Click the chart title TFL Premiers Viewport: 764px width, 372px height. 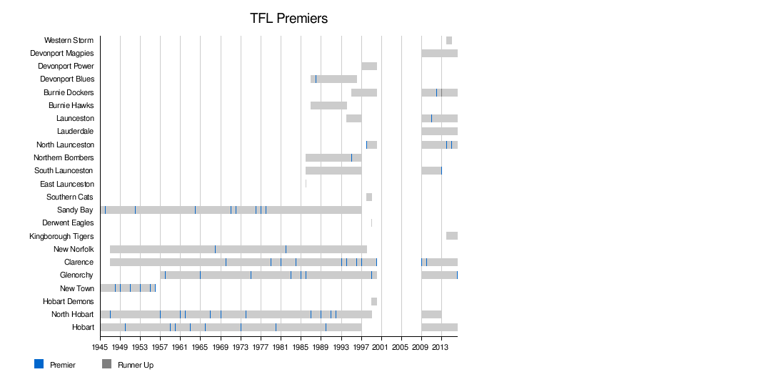pos(288,19)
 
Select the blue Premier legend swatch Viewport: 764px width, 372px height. pos(39,364)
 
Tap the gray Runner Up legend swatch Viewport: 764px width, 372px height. pos(107,364)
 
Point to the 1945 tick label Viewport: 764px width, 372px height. pos(100,348)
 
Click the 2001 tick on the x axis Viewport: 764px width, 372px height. pos(381,348)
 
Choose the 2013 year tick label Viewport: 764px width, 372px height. pos(441,348)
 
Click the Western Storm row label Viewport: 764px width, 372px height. pos(69,40)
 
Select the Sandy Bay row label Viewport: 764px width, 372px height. pos(75,210)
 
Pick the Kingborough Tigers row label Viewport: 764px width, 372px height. pos(61,236)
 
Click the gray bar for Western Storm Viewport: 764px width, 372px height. pos(449,40)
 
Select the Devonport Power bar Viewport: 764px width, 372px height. pos(369,66)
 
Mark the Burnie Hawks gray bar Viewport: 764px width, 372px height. pos(328,105)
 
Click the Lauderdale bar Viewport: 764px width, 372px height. pos(439,131)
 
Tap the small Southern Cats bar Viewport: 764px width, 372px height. pos(369,197)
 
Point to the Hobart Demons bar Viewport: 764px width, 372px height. pos(374,301)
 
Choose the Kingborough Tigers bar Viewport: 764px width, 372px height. pos(452,236)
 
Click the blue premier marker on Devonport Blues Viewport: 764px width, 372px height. pos(316,79)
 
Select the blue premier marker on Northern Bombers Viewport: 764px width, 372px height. pos(351,157)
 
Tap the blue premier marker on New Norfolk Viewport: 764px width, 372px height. pos(286,249)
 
